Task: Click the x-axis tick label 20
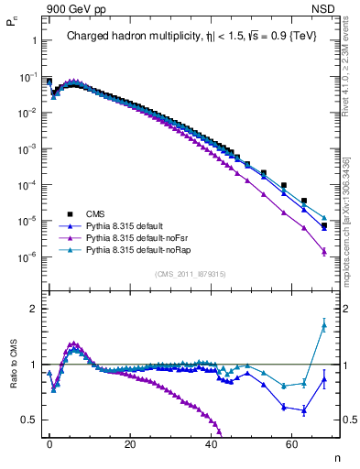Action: click(130, 443)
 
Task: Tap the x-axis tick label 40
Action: click(211, 443)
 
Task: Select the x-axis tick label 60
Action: click(291, 443)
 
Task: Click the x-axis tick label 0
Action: click(49, 443)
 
